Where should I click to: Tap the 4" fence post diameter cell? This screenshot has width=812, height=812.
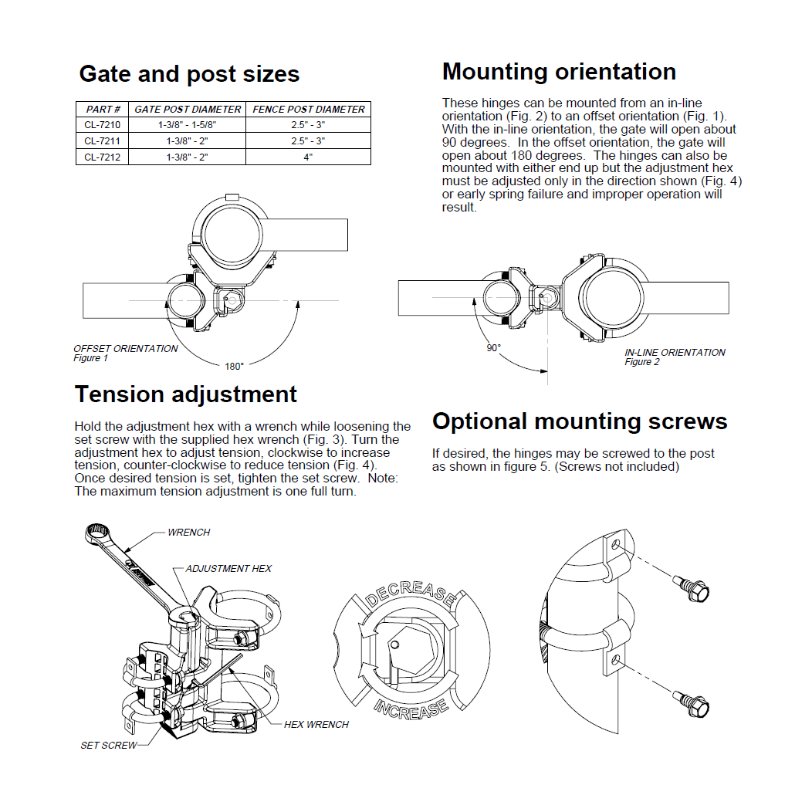point(308,157)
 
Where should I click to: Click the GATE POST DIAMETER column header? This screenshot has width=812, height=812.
point(188,110)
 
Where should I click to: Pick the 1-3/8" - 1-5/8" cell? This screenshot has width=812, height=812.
point(188,125)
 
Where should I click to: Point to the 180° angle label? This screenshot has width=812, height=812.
point(234,367)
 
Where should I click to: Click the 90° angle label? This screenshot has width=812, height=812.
point(493,347)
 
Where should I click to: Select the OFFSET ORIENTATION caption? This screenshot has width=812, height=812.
point(126,349)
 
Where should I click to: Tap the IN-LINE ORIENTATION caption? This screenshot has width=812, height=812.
point(675,353)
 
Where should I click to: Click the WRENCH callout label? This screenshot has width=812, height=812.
point(188,533)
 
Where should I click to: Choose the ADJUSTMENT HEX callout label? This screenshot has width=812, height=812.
point(228,569)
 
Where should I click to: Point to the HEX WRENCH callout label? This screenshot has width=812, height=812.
point(316,725)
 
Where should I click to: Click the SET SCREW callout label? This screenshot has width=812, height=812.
point(109,746)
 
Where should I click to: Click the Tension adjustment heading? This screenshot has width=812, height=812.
point(185,394)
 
